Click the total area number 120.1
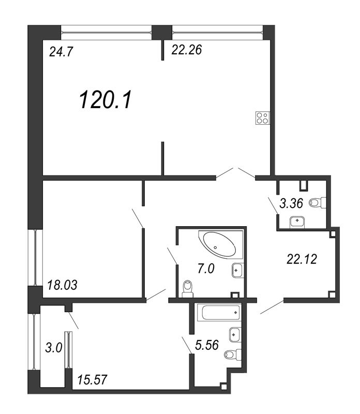tap(106, 99)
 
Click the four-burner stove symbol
tap(262, 118)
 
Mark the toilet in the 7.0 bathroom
tap(188, 288)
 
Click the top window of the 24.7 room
tap(107, 32)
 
